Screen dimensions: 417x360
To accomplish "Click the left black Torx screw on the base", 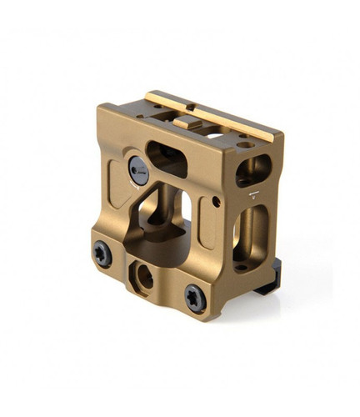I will pyautogui.click(x=102, y=254).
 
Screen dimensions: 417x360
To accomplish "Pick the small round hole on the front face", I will pyautogui.click(x=216, y=202).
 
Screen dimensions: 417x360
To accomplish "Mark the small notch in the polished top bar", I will pyautogui.click(x=190, y=107).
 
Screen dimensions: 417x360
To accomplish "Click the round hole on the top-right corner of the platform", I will pyautogui.click(x=247, y=144).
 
